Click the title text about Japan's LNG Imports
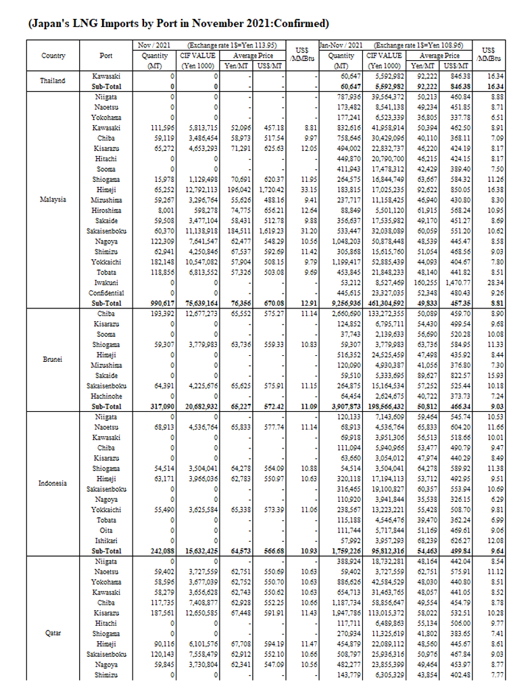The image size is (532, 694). point(178,24)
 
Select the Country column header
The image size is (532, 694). point(53,56)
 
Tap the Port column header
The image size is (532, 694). point(106,56)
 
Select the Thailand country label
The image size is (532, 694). point(53,81)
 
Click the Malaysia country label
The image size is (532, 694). point(53,200)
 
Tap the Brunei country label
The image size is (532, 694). point(53,360)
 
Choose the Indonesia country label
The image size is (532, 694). point(53,484)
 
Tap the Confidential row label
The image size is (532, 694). point(107,293)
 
